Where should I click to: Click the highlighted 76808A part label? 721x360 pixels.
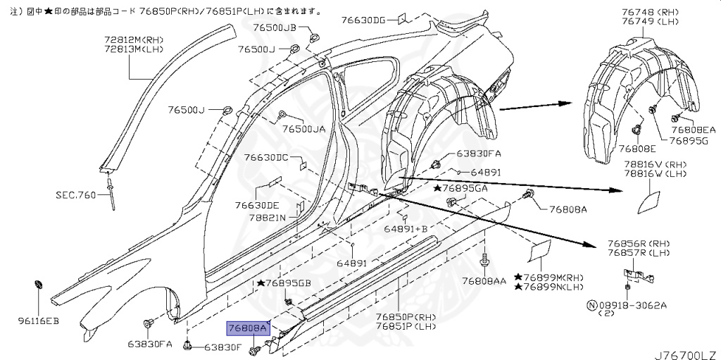coord(247,328)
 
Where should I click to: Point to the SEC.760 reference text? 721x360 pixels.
coord(76,194)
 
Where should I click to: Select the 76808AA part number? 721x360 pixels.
coord(484,280)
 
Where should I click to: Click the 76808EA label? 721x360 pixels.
coord(693,130)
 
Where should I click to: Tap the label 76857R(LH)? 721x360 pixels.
coord(639,252)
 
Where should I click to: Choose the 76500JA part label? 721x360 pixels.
coord(304,129)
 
